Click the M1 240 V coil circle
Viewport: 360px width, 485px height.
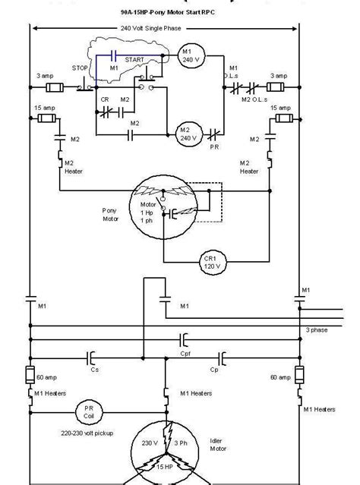coord(191,55)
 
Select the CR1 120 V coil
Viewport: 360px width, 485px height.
coord(208,261)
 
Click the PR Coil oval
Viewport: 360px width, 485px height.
coord(83,413)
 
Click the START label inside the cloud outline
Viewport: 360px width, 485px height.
coord(134,58)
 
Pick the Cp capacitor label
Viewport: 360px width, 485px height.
coord(215,369)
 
